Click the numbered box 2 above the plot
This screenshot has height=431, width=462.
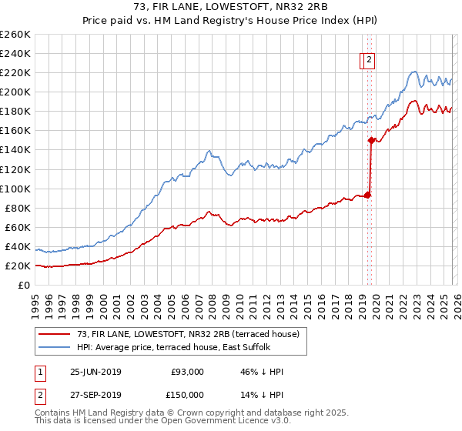coord(369,61)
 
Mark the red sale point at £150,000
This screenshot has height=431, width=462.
coord(371,140)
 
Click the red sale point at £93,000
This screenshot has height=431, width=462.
coord(368,195)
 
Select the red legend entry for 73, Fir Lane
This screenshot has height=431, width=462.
coord(192,334)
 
